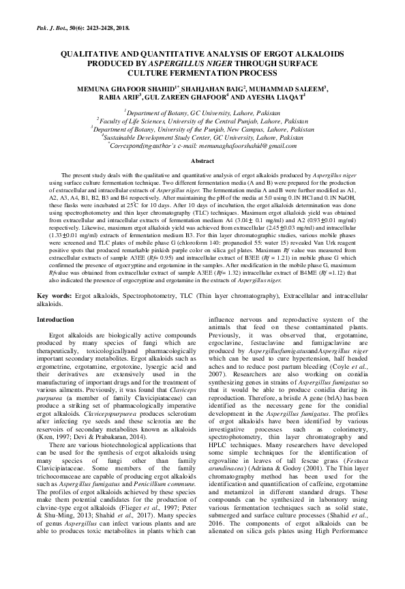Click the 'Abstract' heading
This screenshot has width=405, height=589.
coord(202,161)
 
